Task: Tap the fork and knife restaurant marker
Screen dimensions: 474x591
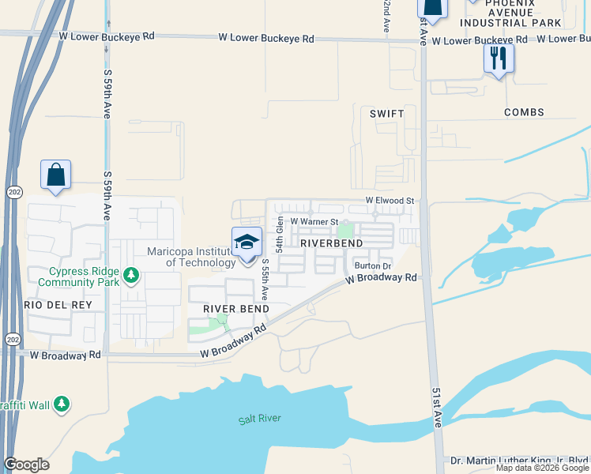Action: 499,58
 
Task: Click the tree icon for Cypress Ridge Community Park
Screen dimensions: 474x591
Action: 132,276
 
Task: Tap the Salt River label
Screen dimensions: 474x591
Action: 260,419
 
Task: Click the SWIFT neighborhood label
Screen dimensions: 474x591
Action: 386,114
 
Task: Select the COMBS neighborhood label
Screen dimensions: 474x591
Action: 524,113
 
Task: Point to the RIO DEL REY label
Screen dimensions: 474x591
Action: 58,305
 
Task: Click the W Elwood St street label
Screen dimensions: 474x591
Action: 389,201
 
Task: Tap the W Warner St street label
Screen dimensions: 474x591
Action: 314,222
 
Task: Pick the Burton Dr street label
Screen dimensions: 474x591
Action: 373,266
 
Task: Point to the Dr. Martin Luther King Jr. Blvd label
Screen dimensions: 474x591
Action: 520,460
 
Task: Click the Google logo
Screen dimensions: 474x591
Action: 27,465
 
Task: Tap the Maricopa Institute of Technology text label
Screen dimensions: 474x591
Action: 191,257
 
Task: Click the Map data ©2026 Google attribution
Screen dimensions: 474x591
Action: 542,468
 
